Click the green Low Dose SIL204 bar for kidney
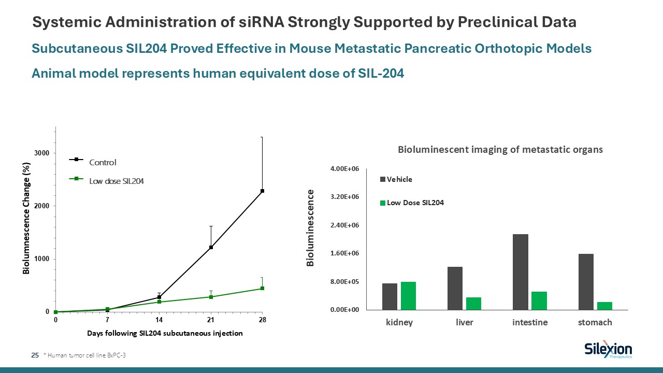coord(408,296)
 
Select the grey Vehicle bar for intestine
coord(520,272)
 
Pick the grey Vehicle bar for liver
coord(455,288)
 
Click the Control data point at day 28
coord(263,191)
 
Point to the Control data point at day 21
coord(211,248)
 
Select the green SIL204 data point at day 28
coord(263,288)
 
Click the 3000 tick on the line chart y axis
coord(41,153)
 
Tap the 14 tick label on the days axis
coord(159,320)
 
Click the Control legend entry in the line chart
coord(103,162)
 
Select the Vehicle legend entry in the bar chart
coord(399,179)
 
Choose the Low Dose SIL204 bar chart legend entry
coord(415,203)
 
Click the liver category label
coord(464,322)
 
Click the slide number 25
coord(35,355)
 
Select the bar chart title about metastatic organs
coord(500,150)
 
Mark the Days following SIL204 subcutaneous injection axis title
coord(165,333)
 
